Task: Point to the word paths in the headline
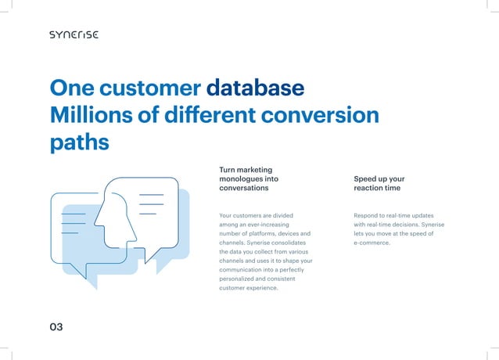[x=78, y=143]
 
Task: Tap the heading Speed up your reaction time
[x=379, y=183]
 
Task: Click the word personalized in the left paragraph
[x=242, y=279]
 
